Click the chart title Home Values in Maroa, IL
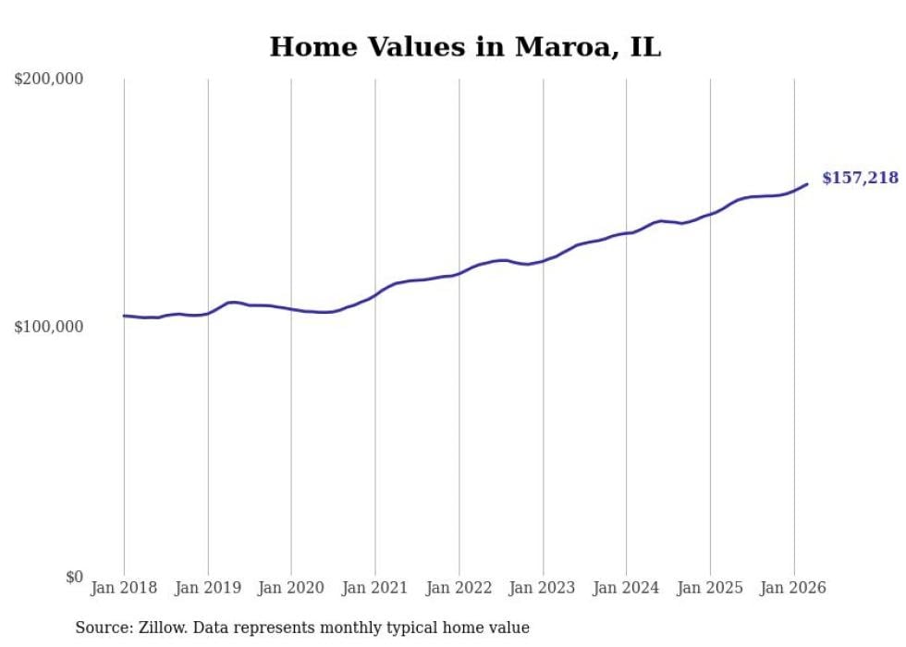pos(465,46)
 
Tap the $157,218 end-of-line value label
pos(860,178)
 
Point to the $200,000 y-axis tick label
pos(49,80)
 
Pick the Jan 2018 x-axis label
pos(124,588)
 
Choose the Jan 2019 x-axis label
pos(208,588)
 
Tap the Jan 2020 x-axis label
pos(291,588)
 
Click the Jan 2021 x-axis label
pos(375,588)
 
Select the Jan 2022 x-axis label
pos(459,588)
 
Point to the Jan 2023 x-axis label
pos(543,588)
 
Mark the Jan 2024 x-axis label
pos(626,588)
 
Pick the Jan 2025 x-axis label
pos(710,588)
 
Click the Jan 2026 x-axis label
pos(793,588)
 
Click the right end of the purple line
pos(807,184)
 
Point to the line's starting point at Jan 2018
pos(125,316)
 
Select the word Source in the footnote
pos(102,628)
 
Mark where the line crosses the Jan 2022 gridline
pos(459,274)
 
